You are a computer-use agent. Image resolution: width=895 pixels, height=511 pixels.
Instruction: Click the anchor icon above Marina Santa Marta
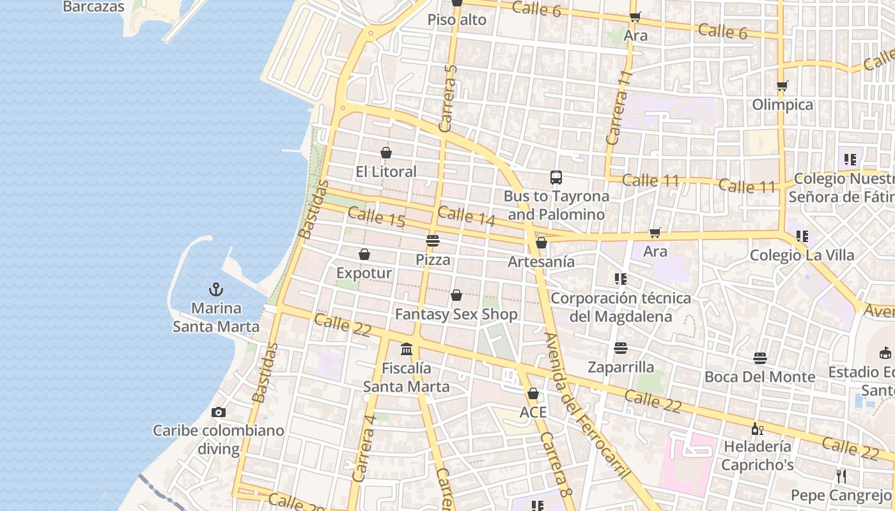[x=216, y=289]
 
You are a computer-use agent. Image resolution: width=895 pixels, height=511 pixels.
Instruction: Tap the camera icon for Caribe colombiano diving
[x=218, y=412]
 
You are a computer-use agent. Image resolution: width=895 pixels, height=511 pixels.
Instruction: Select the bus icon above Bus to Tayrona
[x=556, y=178]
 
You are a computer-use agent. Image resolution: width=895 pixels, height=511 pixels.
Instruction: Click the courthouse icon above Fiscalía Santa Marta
[x=407, y=349]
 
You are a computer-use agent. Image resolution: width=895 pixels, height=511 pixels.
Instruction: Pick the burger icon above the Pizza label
[x=433, y=241]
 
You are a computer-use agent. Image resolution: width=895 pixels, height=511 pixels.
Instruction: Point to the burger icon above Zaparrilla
[x=620, y=348]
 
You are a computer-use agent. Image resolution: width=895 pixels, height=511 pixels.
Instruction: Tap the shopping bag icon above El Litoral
[x=386, y=153]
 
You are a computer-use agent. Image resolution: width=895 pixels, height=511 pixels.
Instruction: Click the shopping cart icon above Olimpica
[x=782, y=86]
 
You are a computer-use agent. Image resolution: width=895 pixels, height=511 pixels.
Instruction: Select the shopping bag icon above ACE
[x=533, y=393]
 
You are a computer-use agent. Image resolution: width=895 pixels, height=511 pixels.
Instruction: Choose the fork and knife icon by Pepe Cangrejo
[x=841, y=476]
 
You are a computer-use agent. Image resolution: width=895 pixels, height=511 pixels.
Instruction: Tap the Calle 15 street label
[x=377, y=218]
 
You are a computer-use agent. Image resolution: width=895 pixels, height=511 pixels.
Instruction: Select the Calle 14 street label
[x=467, y=216]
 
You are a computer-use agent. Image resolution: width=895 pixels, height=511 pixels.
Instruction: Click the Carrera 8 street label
[x=555, y=464]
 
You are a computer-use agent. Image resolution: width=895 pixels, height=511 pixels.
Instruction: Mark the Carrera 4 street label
[x=363, y=448]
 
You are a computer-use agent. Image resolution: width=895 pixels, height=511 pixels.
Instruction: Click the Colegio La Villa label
[x=802, y=256]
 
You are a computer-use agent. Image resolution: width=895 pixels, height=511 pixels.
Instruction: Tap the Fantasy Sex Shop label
[x=456, y=314]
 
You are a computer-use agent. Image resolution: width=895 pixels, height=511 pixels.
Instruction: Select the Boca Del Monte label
[x=759, y=377]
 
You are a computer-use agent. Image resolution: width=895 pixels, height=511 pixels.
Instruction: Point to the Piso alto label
[x=456, y=20]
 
